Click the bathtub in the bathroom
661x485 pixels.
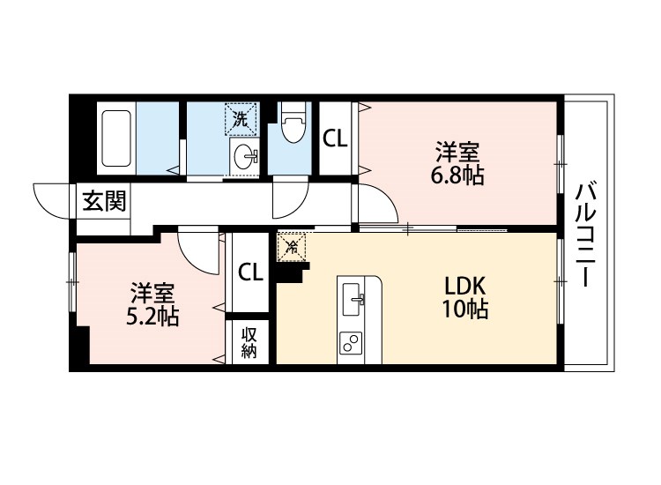pyautogui.click(x=115, y=139)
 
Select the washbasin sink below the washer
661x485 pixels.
pyautogui.click(x=245, y=156)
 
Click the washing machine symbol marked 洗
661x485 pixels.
pyautogui.click(x=239, y=116)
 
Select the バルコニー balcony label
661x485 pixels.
pyautogui.click(x=584, y=234)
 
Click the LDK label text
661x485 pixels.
pyautogui.click(x=465, y=287)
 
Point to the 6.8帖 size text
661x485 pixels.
pyautogui.click(x=457, y=175)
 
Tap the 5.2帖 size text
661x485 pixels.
pyautogui.click(x=152, y=316)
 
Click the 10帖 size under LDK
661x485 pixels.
pyautogui.click(x=465, y=310)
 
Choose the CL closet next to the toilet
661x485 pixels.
pyautogui.click(x=334, y=138)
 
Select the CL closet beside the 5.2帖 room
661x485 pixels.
pyautogui.click(x=249, y=272)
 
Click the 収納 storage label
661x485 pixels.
pyautogui.click(x=249, y=341)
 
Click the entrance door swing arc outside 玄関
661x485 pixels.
pyautogui.click(x=51, y=197)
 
